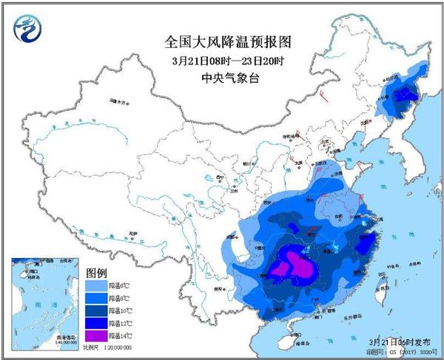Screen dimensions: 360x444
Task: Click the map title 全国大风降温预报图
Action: click(x=222, y=44)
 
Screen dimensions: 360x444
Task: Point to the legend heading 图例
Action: click(x=98, y=271)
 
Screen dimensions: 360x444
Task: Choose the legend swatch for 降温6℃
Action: click(x=95, y=284)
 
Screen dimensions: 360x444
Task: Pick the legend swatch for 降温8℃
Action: click(x=95, y=296)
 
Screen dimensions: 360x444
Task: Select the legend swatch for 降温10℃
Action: click(x=95, y=309)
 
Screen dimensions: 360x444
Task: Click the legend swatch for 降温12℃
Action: click(x=95, y=322)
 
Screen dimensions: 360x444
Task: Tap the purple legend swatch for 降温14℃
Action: click(x=95, y=335)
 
